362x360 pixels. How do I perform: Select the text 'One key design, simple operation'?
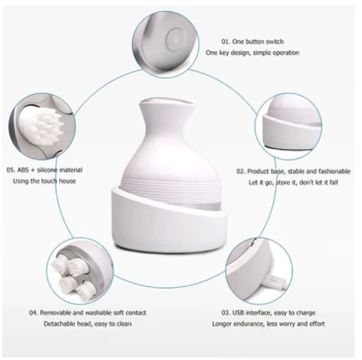[x=252, y=53]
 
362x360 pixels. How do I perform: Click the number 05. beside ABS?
[x=12, y=170]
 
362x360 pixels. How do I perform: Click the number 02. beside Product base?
[x=242, y=172]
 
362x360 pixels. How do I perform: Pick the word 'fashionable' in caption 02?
[x=332, y=172]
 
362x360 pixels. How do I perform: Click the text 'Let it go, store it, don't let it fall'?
[x=293, y=183]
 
